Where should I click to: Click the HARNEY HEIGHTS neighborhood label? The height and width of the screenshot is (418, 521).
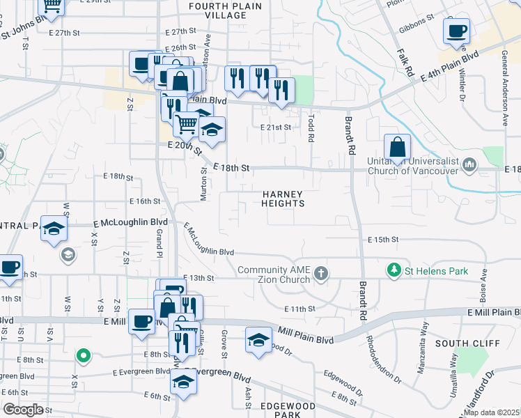click(x=283, y=198)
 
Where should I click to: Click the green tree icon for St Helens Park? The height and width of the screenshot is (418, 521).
click(x=394, y=270)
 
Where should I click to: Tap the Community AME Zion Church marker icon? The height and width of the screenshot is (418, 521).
click(x=320, y=272)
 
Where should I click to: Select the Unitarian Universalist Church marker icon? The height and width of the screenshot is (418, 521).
click(x=469, y=164)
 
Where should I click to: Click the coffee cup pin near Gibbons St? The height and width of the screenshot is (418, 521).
click(x=456, y=31)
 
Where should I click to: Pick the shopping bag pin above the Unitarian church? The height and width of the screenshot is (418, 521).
click(x=397, y=147)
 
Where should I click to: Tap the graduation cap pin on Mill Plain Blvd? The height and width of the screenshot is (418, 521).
click(x=258, y=340)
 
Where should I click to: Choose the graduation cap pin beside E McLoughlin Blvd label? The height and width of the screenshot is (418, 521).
click(x=54, y=228)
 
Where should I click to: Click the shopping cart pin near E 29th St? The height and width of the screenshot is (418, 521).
click(x=52, y=6)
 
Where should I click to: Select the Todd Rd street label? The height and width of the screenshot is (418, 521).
click(x=311, y=128)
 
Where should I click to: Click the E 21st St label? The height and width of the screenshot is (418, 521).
click(x=275, y=127)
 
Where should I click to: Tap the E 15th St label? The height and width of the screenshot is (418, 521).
click(x=383, y=240)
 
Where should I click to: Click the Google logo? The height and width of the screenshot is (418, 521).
click(x=23, y=409)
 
